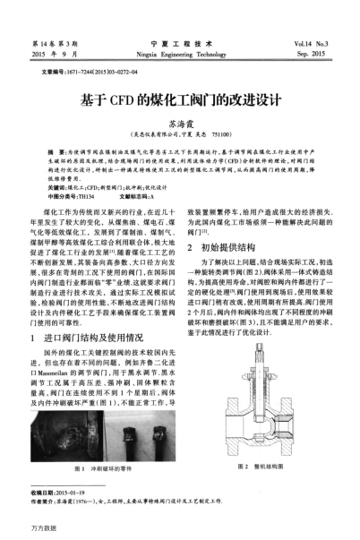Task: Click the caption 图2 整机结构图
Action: [x=266, y=444]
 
